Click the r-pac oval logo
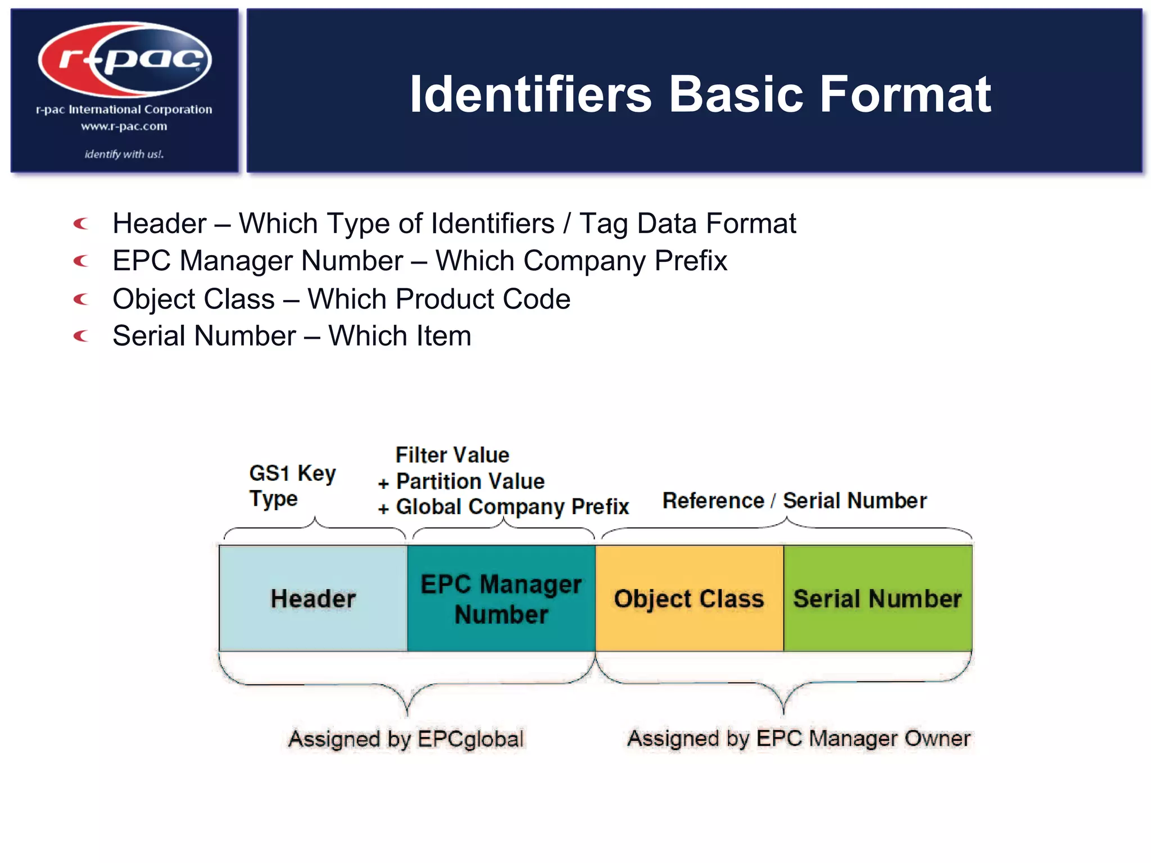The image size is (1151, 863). [125, 60]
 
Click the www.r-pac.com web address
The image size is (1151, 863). [124, 126]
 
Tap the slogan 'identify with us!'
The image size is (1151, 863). [124, 154]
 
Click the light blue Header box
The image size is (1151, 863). [313, 598]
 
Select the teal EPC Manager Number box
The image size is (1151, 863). [501, 598]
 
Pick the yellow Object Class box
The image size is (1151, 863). [689, 598]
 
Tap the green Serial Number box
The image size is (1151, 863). [877, 598]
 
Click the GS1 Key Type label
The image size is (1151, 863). [292, 485]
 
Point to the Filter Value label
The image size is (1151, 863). [452, 455]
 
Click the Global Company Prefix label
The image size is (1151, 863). [511, 507]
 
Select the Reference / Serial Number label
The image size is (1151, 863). [794, 501]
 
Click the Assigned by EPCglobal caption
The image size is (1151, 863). [406, 739]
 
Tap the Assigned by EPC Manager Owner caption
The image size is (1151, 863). [799, 738]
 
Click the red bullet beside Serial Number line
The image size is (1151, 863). [81, 337]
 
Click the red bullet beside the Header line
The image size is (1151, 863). [81, 224]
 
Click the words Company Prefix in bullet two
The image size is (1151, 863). [624, 261]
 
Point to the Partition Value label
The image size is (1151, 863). [470, 482]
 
